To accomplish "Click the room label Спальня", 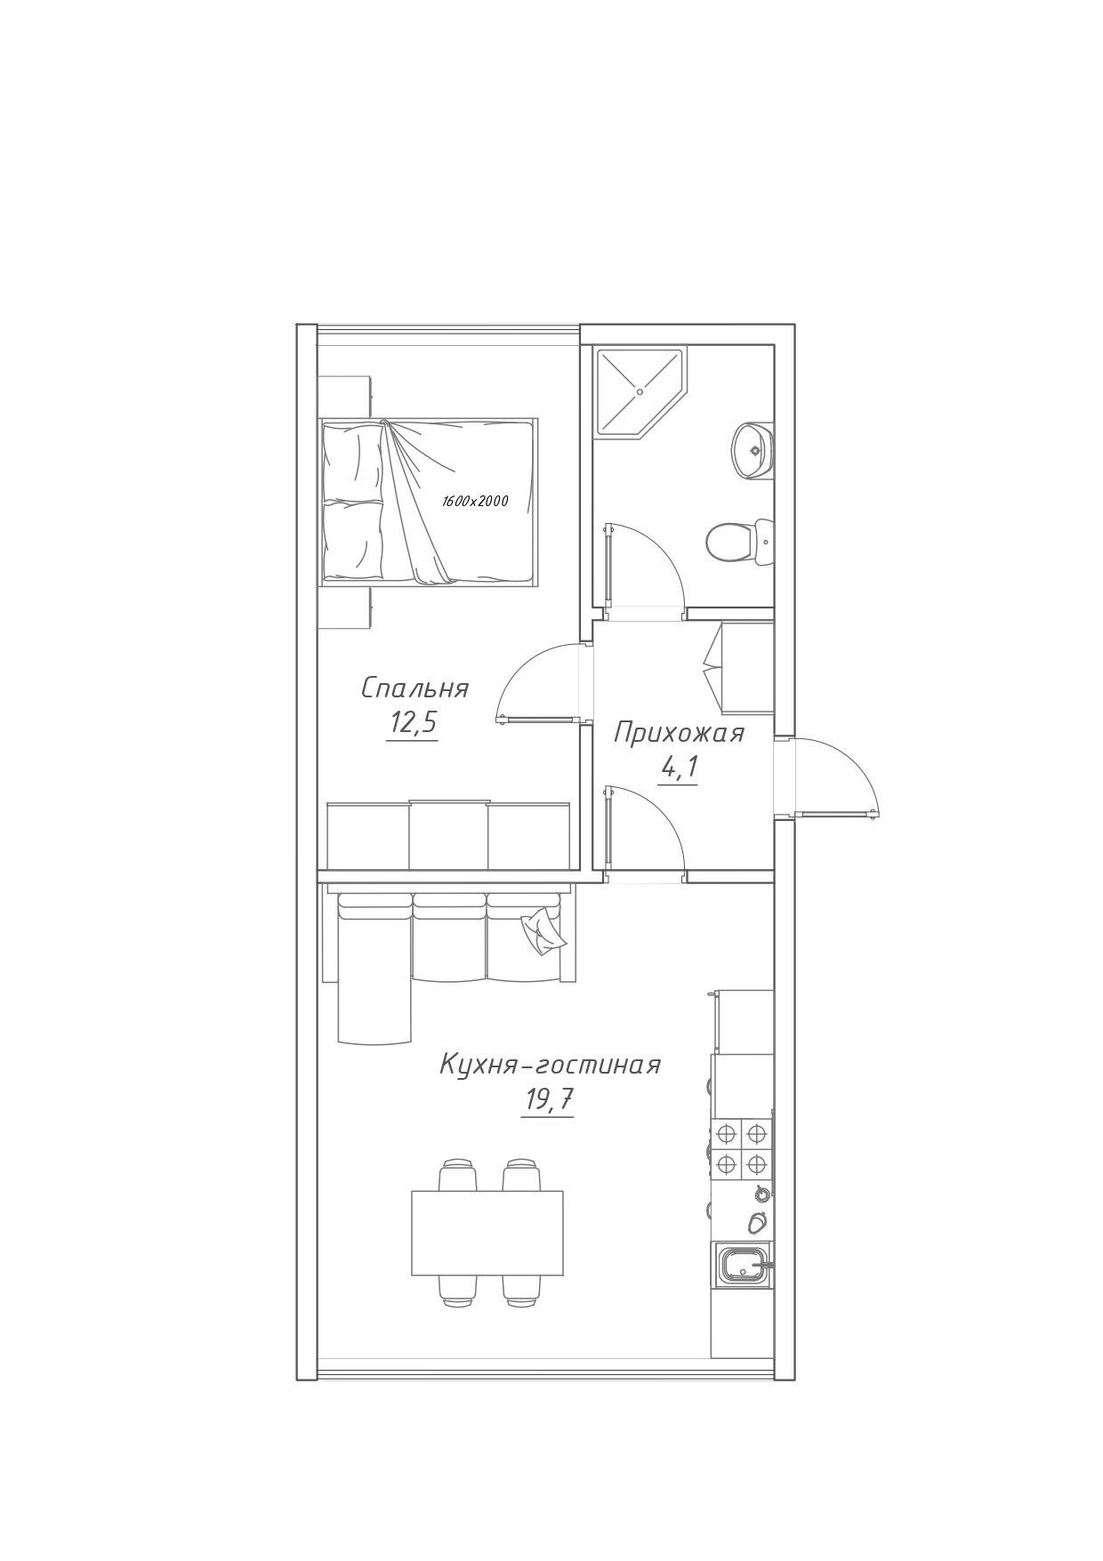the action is coord(415,688).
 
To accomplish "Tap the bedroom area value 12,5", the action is coord(413,723).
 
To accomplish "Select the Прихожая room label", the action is coord(680,733).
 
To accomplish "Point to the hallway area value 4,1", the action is coord(678,767).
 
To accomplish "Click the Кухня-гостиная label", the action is coord(551,1065).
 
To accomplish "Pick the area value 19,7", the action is coord(548,1100).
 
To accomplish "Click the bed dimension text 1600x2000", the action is coord(475,502).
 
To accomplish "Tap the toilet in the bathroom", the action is coord(740,542).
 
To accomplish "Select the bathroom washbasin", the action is coord(753,450).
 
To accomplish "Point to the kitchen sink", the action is coord(742,1265).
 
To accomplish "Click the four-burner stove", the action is coord(741,1148).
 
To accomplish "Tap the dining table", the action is coord(487,1233).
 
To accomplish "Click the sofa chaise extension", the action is coord(374,969).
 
